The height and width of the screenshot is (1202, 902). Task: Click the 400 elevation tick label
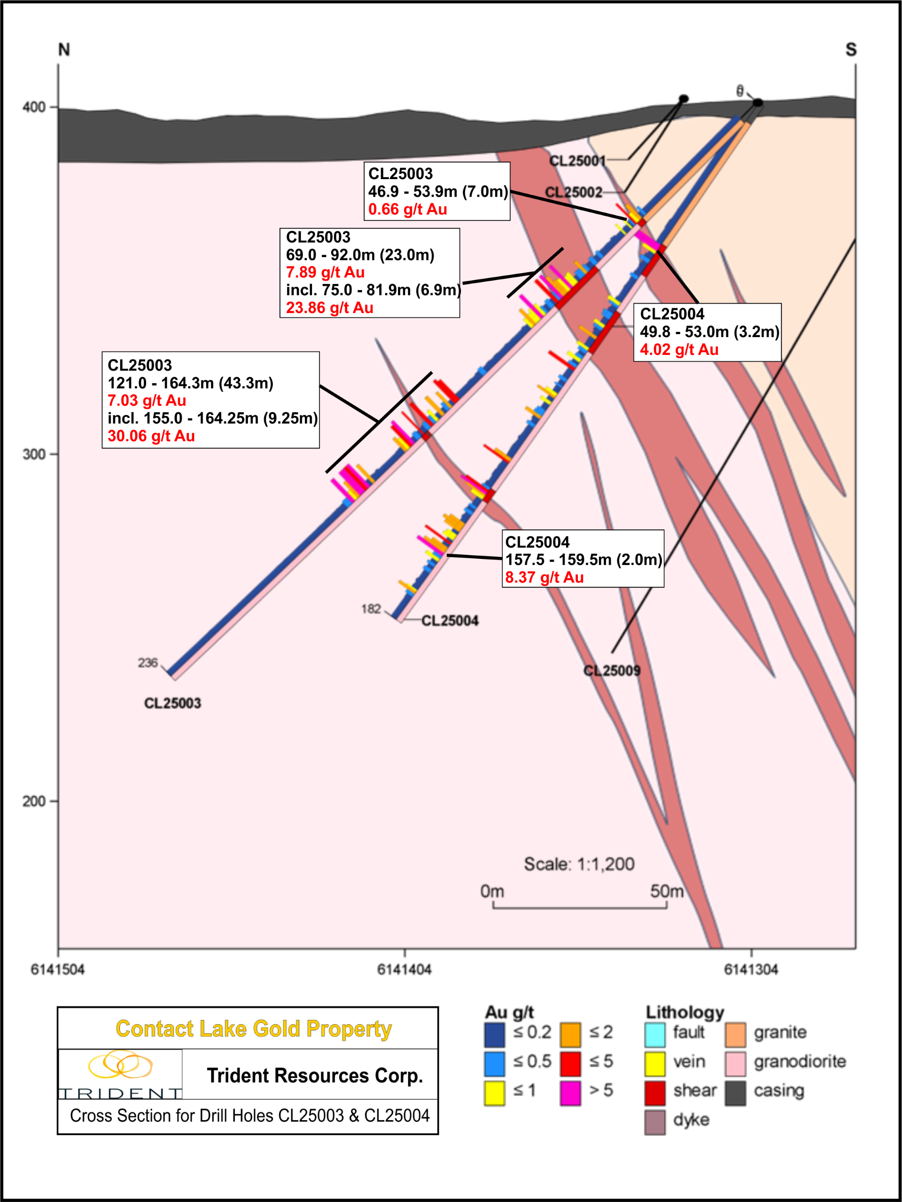coord(34,107)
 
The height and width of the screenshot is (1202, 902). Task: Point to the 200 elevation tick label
coord(34,801)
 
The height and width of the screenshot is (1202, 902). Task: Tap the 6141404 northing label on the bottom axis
coord(404,969)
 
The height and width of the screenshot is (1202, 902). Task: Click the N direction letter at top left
coord(64,50)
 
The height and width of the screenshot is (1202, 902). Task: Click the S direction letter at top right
coord(850,50)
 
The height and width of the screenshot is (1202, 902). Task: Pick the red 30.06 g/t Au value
coord(151,436)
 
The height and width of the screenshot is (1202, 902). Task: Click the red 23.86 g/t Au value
coord(330,307)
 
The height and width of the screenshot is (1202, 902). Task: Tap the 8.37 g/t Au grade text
coord(544,577)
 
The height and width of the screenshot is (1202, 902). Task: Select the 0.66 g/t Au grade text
coord(407,209)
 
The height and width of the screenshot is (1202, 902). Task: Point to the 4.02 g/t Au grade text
coord(679,349)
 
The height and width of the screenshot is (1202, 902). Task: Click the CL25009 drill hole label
coord(612,670)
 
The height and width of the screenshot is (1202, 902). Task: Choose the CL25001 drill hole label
coord(577,161)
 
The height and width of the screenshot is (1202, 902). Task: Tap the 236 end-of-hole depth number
coord(148,662)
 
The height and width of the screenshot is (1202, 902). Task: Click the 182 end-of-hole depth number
coord(371,609)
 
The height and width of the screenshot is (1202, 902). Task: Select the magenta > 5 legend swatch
coord(570,1093)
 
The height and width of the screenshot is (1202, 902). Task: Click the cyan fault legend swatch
coord(655,1035)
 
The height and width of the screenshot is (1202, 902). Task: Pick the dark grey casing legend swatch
coord(735,1093)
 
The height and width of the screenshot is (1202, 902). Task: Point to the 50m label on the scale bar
coord(666,892)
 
